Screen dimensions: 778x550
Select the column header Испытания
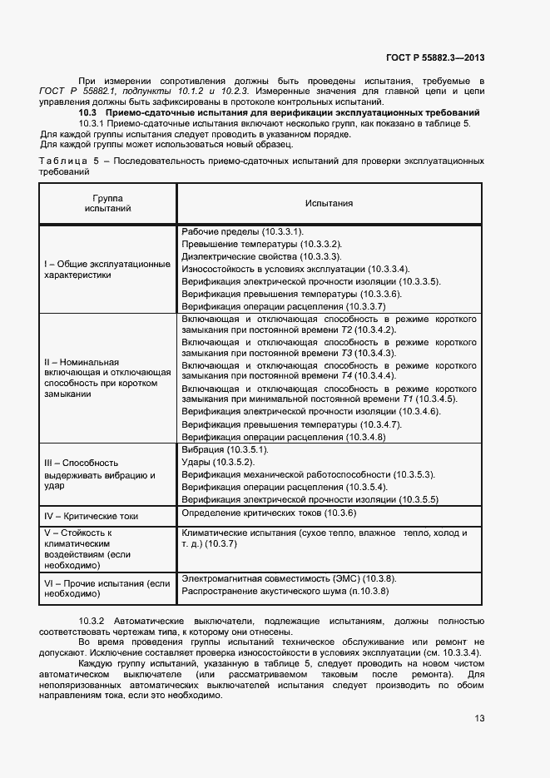tap(329, 203)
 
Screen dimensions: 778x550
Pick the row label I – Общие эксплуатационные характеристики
tap(107, 268)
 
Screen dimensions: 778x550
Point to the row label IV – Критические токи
tap(92, 516)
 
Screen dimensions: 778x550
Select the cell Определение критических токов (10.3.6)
tap(269, 513)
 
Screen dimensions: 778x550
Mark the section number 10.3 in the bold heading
tap(87, 111)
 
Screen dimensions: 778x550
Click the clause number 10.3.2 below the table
tap(91, 622)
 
